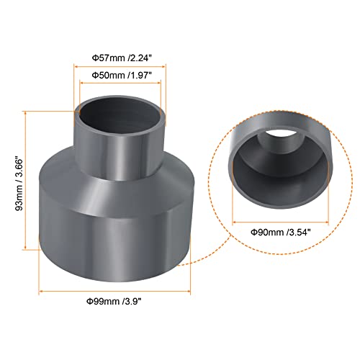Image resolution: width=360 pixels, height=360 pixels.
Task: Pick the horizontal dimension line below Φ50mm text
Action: click(x=120, y=84)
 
